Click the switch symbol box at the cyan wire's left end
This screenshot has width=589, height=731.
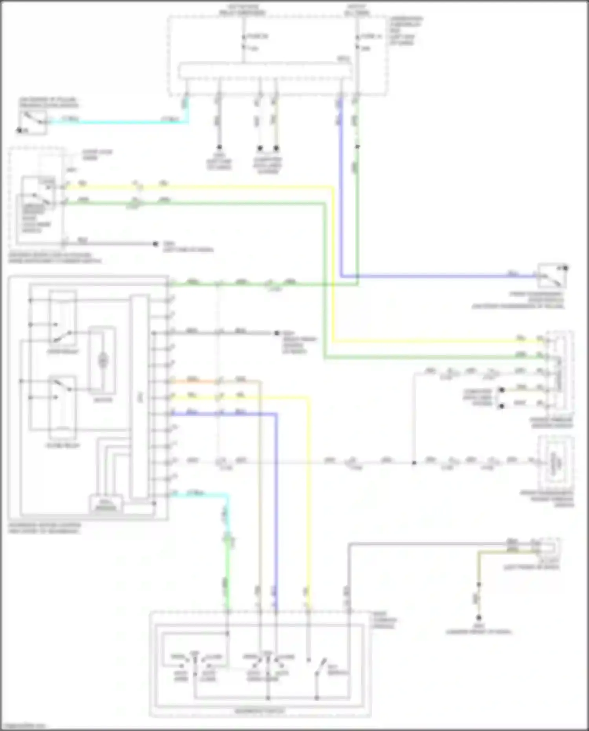[x=33, y=122]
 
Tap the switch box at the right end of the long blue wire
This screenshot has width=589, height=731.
[x=552, y=276]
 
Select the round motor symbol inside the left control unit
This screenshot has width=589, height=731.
[x=103, y=360]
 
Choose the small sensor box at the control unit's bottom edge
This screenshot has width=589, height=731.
[x=106, y=504]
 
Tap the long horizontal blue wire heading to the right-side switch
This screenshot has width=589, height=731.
[x=432, y=276]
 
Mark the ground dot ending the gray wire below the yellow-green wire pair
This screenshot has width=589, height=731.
[x=155, y=244]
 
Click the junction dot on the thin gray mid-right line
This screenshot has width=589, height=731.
[x=414, y=463]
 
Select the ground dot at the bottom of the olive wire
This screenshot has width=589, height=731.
[x=479, y=618]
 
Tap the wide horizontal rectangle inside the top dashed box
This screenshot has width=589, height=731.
[x=265, y=71]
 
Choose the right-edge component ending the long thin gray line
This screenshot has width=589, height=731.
[x=556, y=463]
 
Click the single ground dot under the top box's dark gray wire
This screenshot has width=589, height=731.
[x=219, y=148]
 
